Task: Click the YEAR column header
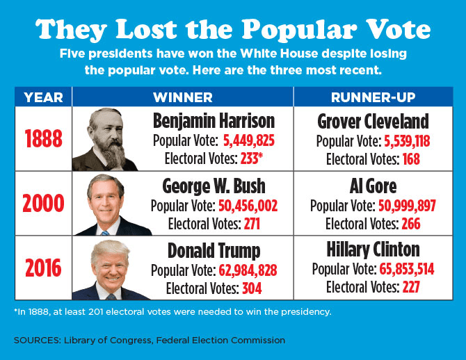(43, 97)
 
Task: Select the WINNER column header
(183, 97)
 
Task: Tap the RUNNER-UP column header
(373, 97)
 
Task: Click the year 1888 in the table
(43, 139)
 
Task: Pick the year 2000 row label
(43, 204)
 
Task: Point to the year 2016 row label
(43, 268)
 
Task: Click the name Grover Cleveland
(373, 122)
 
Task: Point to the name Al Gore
(373, 186)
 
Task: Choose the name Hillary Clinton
(373, 250)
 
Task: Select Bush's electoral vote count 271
(251, 223)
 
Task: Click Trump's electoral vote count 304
(252, 288)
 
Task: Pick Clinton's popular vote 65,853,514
(406, 270)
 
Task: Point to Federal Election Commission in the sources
(230, 341)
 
